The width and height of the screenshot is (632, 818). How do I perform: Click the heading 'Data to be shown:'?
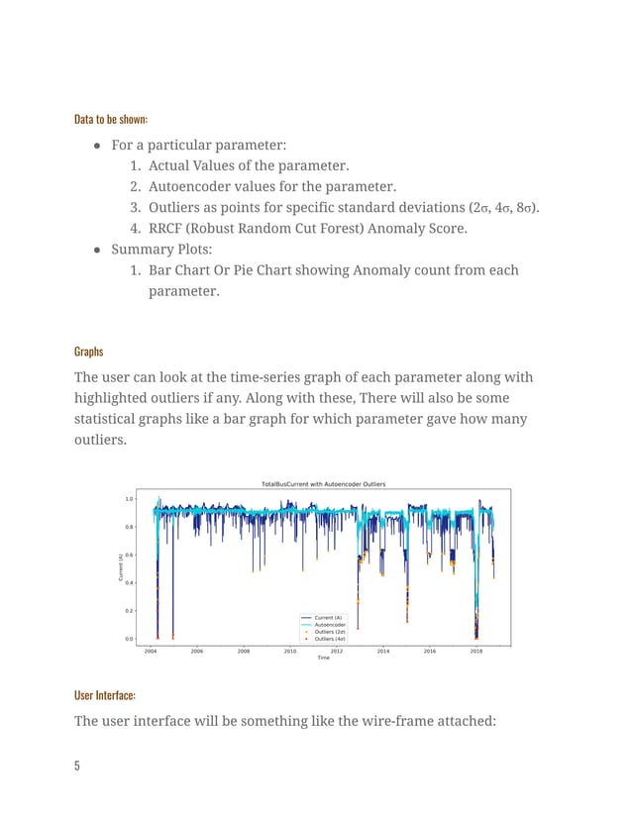pyautogui.click(x=111, y=120)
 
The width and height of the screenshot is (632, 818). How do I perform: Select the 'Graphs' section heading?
pyautogui.click(x=89, y=352)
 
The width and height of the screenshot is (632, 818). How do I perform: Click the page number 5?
pyautogui.click(x=77, y=765)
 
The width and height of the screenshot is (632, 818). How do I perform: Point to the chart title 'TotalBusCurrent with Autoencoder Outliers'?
pyautogui.click(x=323, y=484)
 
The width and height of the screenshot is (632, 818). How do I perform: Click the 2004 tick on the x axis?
pyautogui.click(x=151, y=652)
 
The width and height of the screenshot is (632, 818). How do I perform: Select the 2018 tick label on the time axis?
pyautogui.click(x=476, y=652)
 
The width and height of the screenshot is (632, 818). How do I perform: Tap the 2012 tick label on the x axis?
pyautogui.click(x=337, y=652)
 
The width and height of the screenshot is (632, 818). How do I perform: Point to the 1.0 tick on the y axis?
pyautogui.click(x=129, y=499)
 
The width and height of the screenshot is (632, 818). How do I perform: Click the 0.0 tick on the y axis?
pyautogui.click(x=129, y=639)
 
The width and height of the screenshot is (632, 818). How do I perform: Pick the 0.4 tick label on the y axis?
pyautogui.click(x=129, y=582)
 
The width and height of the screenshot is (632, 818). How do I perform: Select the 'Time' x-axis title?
pyautogui.click(x=323, y=659)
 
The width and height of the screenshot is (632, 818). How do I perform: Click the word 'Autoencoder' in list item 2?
pyautogui.click(x=194, y=186)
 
